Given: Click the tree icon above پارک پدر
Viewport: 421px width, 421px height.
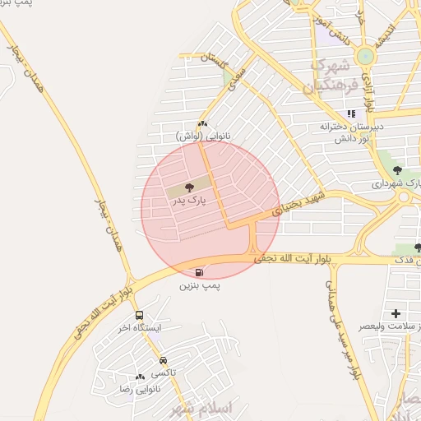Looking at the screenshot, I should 191,187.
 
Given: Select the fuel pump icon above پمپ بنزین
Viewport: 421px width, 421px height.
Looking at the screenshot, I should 200,272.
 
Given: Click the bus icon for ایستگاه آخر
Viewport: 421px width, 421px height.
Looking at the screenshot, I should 138,315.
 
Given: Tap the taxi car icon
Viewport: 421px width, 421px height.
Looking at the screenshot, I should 163,360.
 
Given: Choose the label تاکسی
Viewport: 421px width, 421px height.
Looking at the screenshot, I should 162,372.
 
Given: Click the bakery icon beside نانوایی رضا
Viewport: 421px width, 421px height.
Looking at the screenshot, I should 140,376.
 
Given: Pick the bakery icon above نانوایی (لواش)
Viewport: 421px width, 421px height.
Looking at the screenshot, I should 202,123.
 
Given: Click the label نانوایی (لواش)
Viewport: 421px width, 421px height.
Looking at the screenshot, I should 202,136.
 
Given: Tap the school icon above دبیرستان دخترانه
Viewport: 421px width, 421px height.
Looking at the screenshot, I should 352,114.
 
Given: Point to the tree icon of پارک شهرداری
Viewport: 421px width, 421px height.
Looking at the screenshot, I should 409,172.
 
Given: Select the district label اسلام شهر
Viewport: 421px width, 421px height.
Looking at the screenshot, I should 202,408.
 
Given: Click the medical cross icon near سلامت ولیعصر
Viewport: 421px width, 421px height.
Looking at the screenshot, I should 396,313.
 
